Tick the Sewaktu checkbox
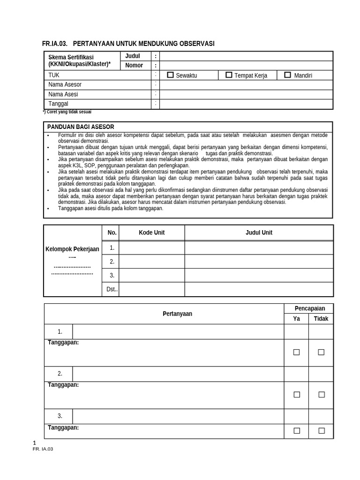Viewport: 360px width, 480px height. [x=170, y=75]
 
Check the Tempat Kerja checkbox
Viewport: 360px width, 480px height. [x=229, y=75]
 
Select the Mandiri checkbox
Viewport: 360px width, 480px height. [x=287, y=75]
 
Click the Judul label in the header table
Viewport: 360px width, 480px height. [x=133, y=56]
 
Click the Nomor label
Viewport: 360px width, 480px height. [x=134, y=66]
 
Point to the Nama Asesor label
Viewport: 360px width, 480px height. [x=65, y=85]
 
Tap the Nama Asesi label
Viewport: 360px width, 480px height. [x=63, y=94]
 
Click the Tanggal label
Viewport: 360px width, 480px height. [x=59, y=104]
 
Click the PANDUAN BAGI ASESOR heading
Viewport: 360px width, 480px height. [x=81, y=127]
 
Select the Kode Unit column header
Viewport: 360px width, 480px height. [x=151, y=232]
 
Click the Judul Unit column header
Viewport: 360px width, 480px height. [x=259, y=232]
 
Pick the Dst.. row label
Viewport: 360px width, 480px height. [x=112, y=290]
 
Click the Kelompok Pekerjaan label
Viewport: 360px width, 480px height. [x=72, y=249]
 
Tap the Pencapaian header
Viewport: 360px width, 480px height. [x=309, y=308]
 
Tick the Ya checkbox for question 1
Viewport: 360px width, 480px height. [x=296, y=352]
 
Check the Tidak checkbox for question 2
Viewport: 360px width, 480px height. [x=321, y=395]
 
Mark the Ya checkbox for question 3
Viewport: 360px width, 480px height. [x=296, y=431]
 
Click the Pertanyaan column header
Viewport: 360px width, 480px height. [x=177, y=314]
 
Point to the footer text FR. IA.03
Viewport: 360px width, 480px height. [x=43, y=449]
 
